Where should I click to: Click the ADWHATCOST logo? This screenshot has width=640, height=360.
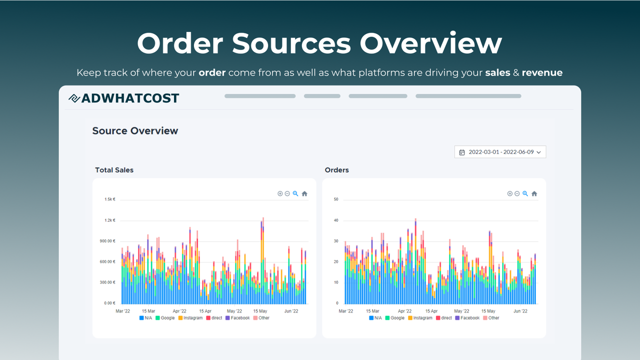(123, 98)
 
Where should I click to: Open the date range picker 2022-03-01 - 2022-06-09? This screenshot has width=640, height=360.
(500, 152)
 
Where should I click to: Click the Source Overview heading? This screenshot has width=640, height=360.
(135, 131)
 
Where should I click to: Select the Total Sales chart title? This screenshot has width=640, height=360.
(114, 170)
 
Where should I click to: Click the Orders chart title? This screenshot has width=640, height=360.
(337, 170)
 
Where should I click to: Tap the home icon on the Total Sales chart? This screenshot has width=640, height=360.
(304, 193)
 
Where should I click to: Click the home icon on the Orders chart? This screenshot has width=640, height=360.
(534, 193)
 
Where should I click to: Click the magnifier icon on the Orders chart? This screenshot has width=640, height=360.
(525, 193)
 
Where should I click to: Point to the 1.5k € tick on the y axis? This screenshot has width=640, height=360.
(109, 199)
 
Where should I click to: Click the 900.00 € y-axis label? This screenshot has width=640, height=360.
(107, 241)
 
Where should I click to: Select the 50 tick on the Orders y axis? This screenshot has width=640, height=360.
(336, 199)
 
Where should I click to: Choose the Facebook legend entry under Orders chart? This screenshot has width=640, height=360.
(467, 318)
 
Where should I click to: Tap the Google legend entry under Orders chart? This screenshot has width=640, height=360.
(394, 318)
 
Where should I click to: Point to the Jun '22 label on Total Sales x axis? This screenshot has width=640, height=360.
(291, 311)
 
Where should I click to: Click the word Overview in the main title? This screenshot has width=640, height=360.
(430, 43)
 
